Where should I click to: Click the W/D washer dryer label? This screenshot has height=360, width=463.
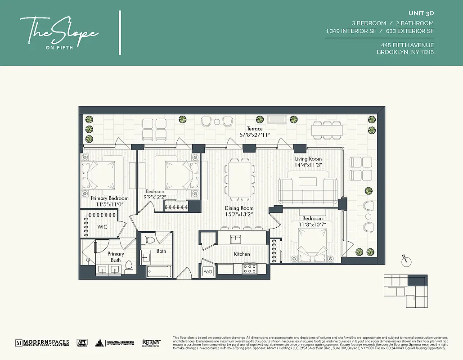tap(208, 272)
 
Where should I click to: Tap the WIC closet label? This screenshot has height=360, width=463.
tap(103, 227)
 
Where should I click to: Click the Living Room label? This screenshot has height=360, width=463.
tap(308, 159)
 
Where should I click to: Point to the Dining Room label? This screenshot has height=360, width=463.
tap(239, 208)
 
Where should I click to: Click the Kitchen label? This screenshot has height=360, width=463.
tap(242, 254)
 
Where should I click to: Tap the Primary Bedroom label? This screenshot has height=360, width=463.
tap(109, 198)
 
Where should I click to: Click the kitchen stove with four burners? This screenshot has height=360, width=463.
tap(250, 269)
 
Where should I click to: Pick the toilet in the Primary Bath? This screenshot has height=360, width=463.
tap(129, 268)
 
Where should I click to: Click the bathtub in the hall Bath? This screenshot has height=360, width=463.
tap(158, 272)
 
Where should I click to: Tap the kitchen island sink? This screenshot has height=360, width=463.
tap(234, 238)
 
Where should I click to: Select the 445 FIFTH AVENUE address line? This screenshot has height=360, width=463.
tap(407, 45)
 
